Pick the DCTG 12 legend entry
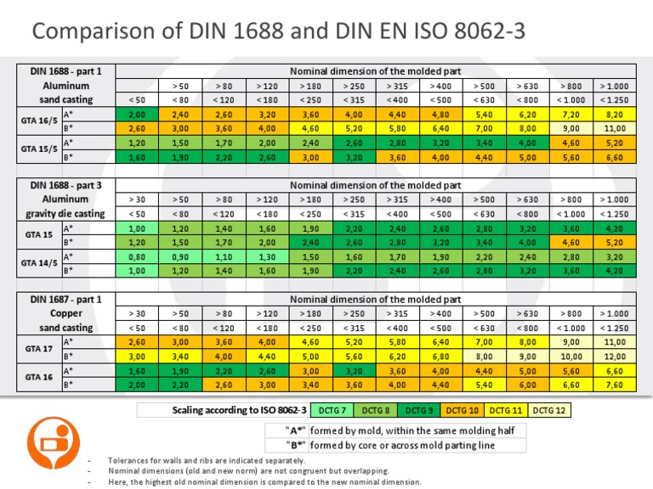tap(550, 410)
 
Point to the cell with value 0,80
tap(136, 256)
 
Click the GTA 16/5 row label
tap(39, 121)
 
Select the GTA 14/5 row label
tap(39, 263)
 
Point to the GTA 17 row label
tap(39, 349)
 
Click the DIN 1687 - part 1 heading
tap(65, 300)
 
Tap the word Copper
tap(65, 313)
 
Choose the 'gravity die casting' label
tap(65, 213)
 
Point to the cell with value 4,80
tap(440, 114)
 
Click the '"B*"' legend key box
tap(286, 444)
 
